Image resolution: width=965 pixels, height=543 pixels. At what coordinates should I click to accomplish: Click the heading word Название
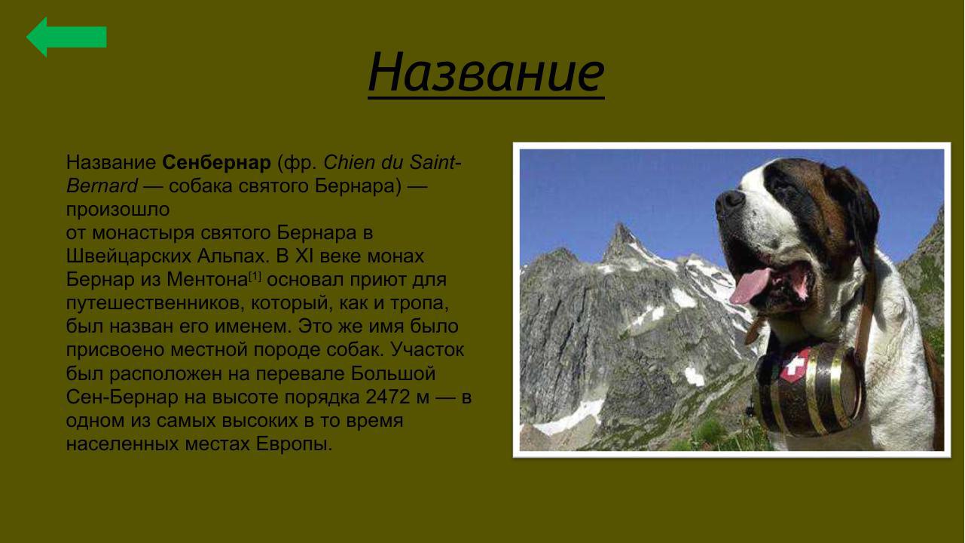click(486, 72)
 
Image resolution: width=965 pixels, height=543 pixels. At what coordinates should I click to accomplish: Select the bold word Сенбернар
click(216, 162)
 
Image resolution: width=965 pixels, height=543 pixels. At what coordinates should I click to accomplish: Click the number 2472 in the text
click(388, 397)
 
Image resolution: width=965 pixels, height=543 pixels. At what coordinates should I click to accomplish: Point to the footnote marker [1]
click(255, 276)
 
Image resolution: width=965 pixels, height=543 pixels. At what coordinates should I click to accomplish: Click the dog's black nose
click(729, 202)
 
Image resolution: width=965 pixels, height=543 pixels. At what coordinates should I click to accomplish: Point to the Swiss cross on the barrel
click(796, 366)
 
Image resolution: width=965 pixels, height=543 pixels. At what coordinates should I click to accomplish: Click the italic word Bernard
click(102, 186)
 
